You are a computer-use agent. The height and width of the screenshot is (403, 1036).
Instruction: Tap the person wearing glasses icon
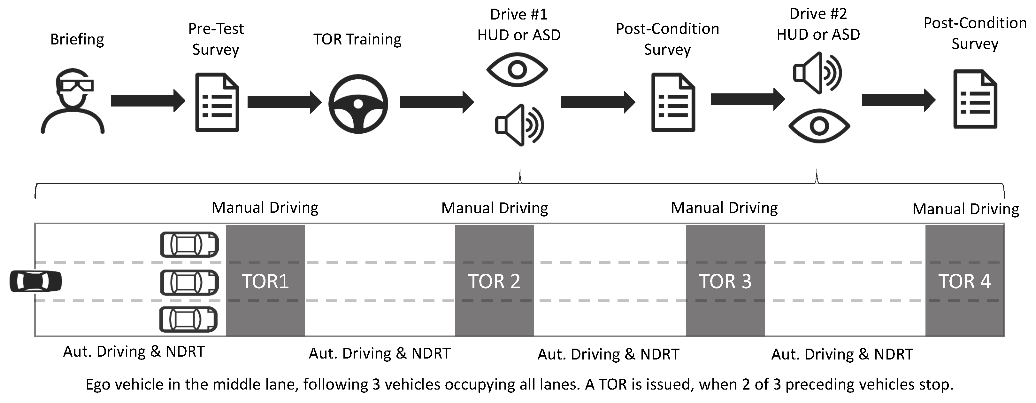(x=73, y=101)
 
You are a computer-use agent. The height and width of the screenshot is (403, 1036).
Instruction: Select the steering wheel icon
(x=358, y=104)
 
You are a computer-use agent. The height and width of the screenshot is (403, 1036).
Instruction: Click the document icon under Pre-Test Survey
(x=217, y=102)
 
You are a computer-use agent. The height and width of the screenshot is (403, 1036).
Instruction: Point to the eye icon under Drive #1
(x=517, y=70)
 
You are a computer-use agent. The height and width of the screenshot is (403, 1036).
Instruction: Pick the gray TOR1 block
(x=265, y=281)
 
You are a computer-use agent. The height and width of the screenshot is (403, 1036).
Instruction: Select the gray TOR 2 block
(x=494, y=281)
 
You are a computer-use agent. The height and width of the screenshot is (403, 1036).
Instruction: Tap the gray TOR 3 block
(x=725, y=281)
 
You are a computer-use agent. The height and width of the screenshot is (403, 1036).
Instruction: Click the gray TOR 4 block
(x=964, y=281)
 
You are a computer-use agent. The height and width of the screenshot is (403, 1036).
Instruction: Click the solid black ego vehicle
(x=36, y=281)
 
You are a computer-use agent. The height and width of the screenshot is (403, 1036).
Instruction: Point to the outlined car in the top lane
(x=189, y=244)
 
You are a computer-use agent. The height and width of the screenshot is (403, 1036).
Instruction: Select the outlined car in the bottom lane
(x=188, y=319)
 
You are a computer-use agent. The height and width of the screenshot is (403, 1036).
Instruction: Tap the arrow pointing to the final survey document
(x=898, y=100)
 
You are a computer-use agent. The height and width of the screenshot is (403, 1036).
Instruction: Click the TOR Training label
(x=357, y=39)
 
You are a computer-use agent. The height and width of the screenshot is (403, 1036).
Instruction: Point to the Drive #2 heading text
(x=818, y=14)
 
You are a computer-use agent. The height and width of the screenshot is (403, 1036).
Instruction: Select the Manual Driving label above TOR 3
(x=724, y=208)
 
